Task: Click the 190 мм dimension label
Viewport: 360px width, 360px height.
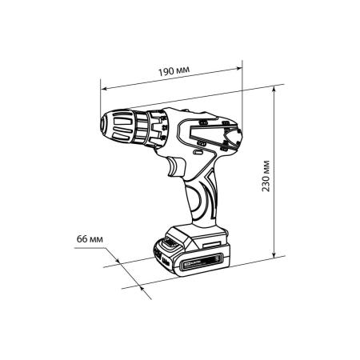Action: (174, 71)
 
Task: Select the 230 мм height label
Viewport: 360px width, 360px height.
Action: (266, 176)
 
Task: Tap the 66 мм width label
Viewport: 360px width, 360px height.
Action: (90, 239)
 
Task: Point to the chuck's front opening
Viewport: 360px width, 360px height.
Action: (103, 125)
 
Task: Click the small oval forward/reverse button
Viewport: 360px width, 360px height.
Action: (198, 153)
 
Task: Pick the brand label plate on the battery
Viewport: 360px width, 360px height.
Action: (202, 262)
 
